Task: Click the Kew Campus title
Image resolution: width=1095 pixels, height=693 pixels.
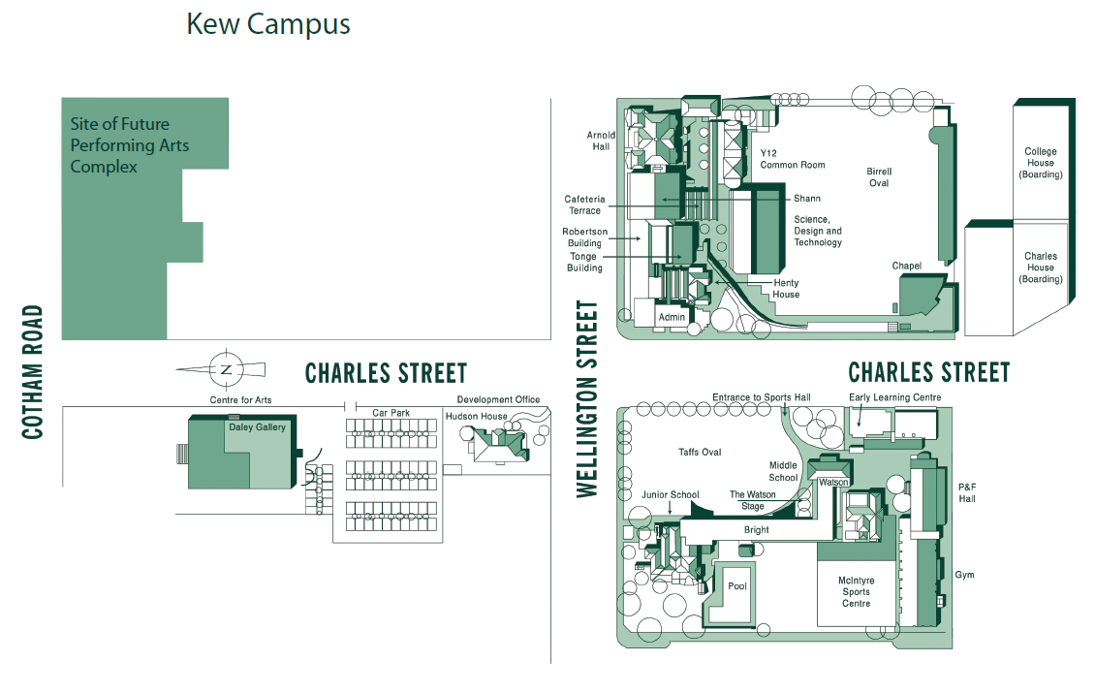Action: [268, 24]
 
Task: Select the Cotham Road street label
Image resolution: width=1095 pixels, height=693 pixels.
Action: [33, 371]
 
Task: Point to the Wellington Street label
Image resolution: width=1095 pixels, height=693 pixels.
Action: [587, 399]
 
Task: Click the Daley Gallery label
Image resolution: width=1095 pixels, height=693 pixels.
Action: [257, 426]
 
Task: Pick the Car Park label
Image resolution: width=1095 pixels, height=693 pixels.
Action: [391, 413]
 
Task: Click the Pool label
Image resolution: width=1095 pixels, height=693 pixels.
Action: [737, 586]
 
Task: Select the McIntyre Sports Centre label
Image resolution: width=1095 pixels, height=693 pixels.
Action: [857, 591]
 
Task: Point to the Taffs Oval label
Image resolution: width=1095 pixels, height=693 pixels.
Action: [700, 452]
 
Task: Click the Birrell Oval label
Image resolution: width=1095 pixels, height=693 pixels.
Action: [879, 176]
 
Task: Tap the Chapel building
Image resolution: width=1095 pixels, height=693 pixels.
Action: [923, 296]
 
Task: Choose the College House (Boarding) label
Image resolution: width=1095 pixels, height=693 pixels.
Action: [1041, 163]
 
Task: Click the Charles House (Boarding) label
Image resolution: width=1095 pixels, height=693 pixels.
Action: [1041, 268]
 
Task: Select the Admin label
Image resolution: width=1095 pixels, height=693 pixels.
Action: [672, 317]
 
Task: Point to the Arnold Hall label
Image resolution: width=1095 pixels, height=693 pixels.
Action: [601, 141]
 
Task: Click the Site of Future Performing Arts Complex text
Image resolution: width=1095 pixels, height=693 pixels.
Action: [129, 145]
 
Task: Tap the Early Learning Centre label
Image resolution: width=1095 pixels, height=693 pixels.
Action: [894, 397]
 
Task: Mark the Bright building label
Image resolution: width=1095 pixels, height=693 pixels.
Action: [756, 529]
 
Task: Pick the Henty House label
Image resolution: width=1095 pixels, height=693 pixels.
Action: [786, 289]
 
